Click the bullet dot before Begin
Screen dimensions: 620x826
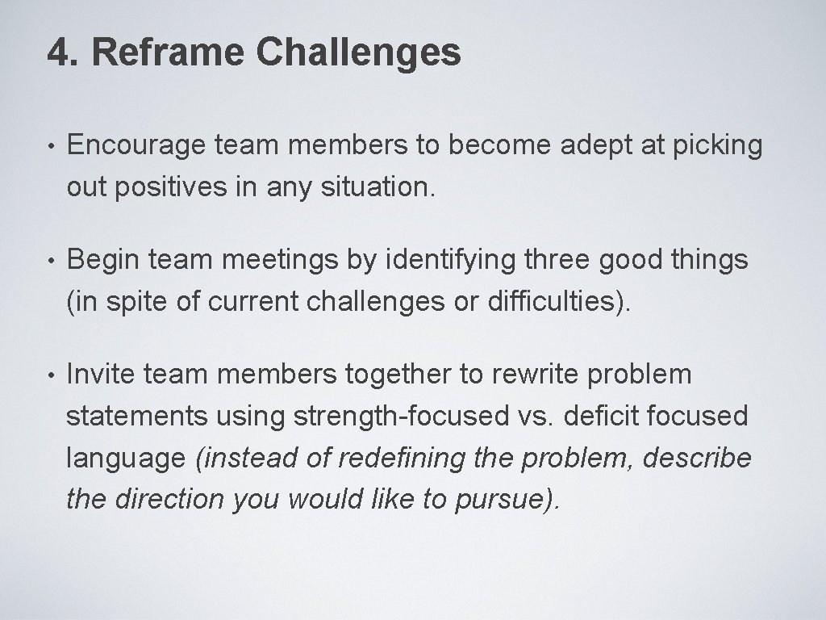pos(51,262)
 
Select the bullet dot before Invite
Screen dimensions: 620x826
pos(51,375)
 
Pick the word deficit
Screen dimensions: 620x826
pos(602,417)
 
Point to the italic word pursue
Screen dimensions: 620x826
pos(503,501)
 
